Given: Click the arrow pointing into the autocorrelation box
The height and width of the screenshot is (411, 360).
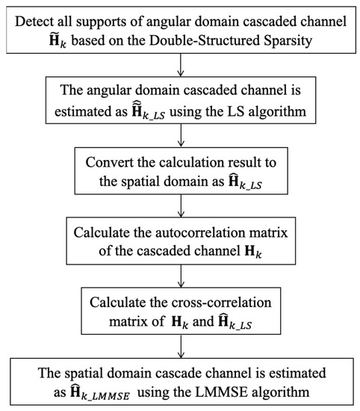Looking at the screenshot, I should tap(179, 208).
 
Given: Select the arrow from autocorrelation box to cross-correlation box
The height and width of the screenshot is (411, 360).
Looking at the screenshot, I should tap(179, 279).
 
